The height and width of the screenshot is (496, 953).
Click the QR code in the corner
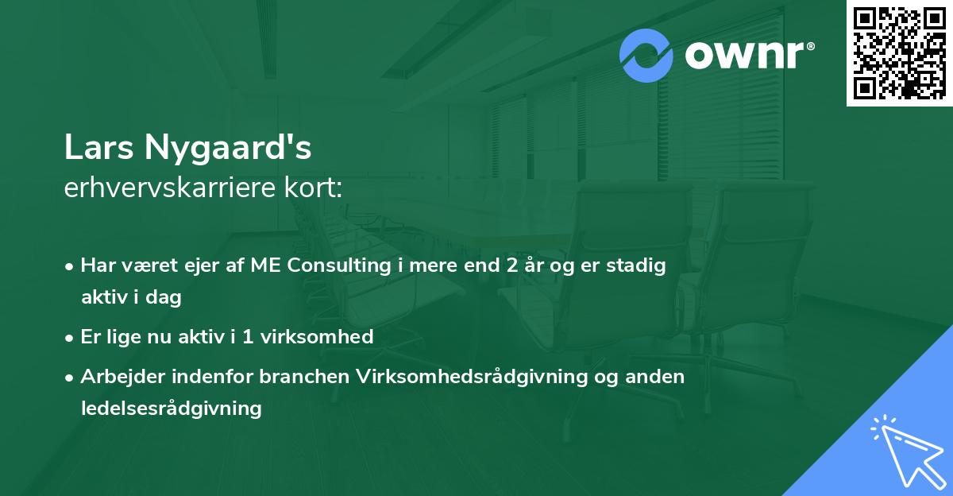click(x=899, y=53)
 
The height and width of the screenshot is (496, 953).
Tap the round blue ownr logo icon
click(x=646, y=55)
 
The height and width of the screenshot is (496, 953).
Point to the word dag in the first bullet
click(x=166, y=298)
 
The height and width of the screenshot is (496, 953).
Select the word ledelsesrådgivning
click(x=171, y=409)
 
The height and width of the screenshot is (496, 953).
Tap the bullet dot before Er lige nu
click(x=71, y=337)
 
